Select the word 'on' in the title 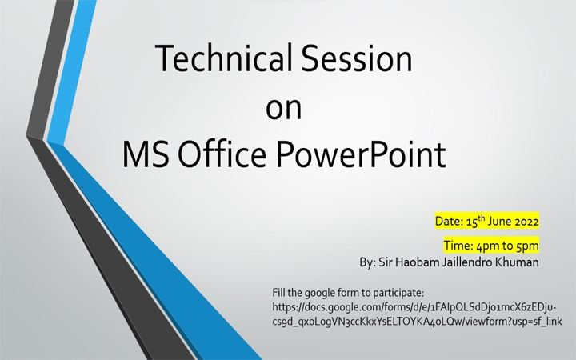point(283,108)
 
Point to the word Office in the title point(226,154)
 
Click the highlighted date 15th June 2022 point(486,221)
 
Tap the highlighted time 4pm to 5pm point(490,245)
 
